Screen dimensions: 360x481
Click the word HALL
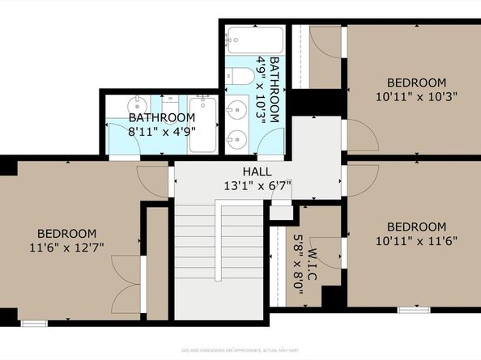[257, 172]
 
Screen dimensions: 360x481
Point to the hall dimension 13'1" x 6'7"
[257, 186]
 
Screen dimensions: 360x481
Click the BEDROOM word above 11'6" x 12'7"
[69, 233]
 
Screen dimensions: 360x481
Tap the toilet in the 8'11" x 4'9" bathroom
[169, 105]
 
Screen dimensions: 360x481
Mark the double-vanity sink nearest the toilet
[237, 108]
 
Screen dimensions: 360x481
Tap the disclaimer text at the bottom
[240, 349]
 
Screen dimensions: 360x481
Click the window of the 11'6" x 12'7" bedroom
[33, 323]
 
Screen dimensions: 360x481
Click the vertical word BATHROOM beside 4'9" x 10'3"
[275, 89]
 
